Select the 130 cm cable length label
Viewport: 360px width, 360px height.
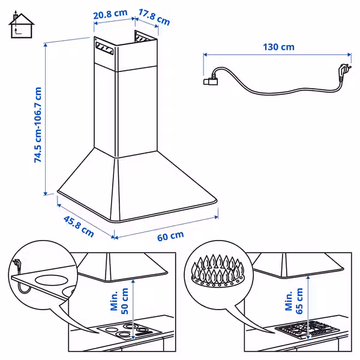(278, 47)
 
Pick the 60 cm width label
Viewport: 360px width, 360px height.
(170, 235)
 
